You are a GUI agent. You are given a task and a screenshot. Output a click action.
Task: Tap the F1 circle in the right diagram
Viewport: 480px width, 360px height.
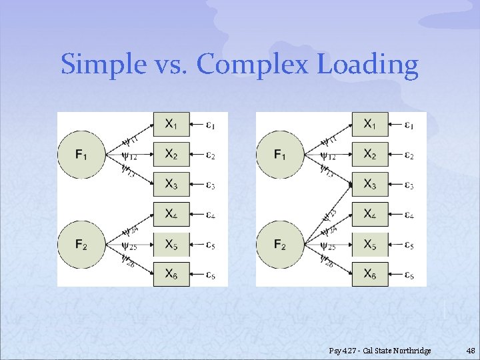[x=279, y=155]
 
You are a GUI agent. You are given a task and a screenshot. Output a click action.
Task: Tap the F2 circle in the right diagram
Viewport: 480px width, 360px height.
[x=279, y=245]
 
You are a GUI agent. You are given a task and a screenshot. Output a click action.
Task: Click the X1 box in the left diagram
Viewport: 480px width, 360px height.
[x=171, y=124]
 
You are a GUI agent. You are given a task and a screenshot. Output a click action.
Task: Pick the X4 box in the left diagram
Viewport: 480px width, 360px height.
[x=171, y=214]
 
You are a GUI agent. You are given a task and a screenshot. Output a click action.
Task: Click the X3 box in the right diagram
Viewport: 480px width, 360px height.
[x=369, y=185]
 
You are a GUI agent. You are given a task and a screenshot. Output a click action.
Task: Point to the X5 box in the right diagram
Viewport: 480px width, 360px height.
[x=369, y=245]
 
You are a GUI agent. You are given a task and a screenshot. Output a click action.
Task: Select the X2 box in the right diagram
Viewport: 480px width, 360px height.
[x=369, y=155]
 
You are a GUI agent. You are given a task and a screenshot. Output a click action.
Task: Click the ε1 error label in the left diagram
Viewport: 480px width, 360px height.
[x=211, y=125]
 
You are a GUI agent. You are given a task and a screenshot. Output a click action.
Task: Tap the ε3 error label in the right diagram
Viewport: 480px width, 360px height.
[x=409, y=185]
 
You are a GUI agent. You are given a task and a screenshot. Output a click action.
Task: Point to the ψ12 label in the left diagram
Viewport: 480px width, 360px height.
[x=130, y=157]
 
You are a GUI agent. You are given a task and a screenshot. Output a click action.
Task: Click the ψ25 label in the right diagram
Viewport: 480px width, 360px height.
[x=328, y=247]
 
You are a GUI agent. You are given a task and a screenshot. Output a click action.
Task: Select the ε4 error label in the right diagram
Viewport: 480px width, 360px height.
[x=409, y=215]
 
